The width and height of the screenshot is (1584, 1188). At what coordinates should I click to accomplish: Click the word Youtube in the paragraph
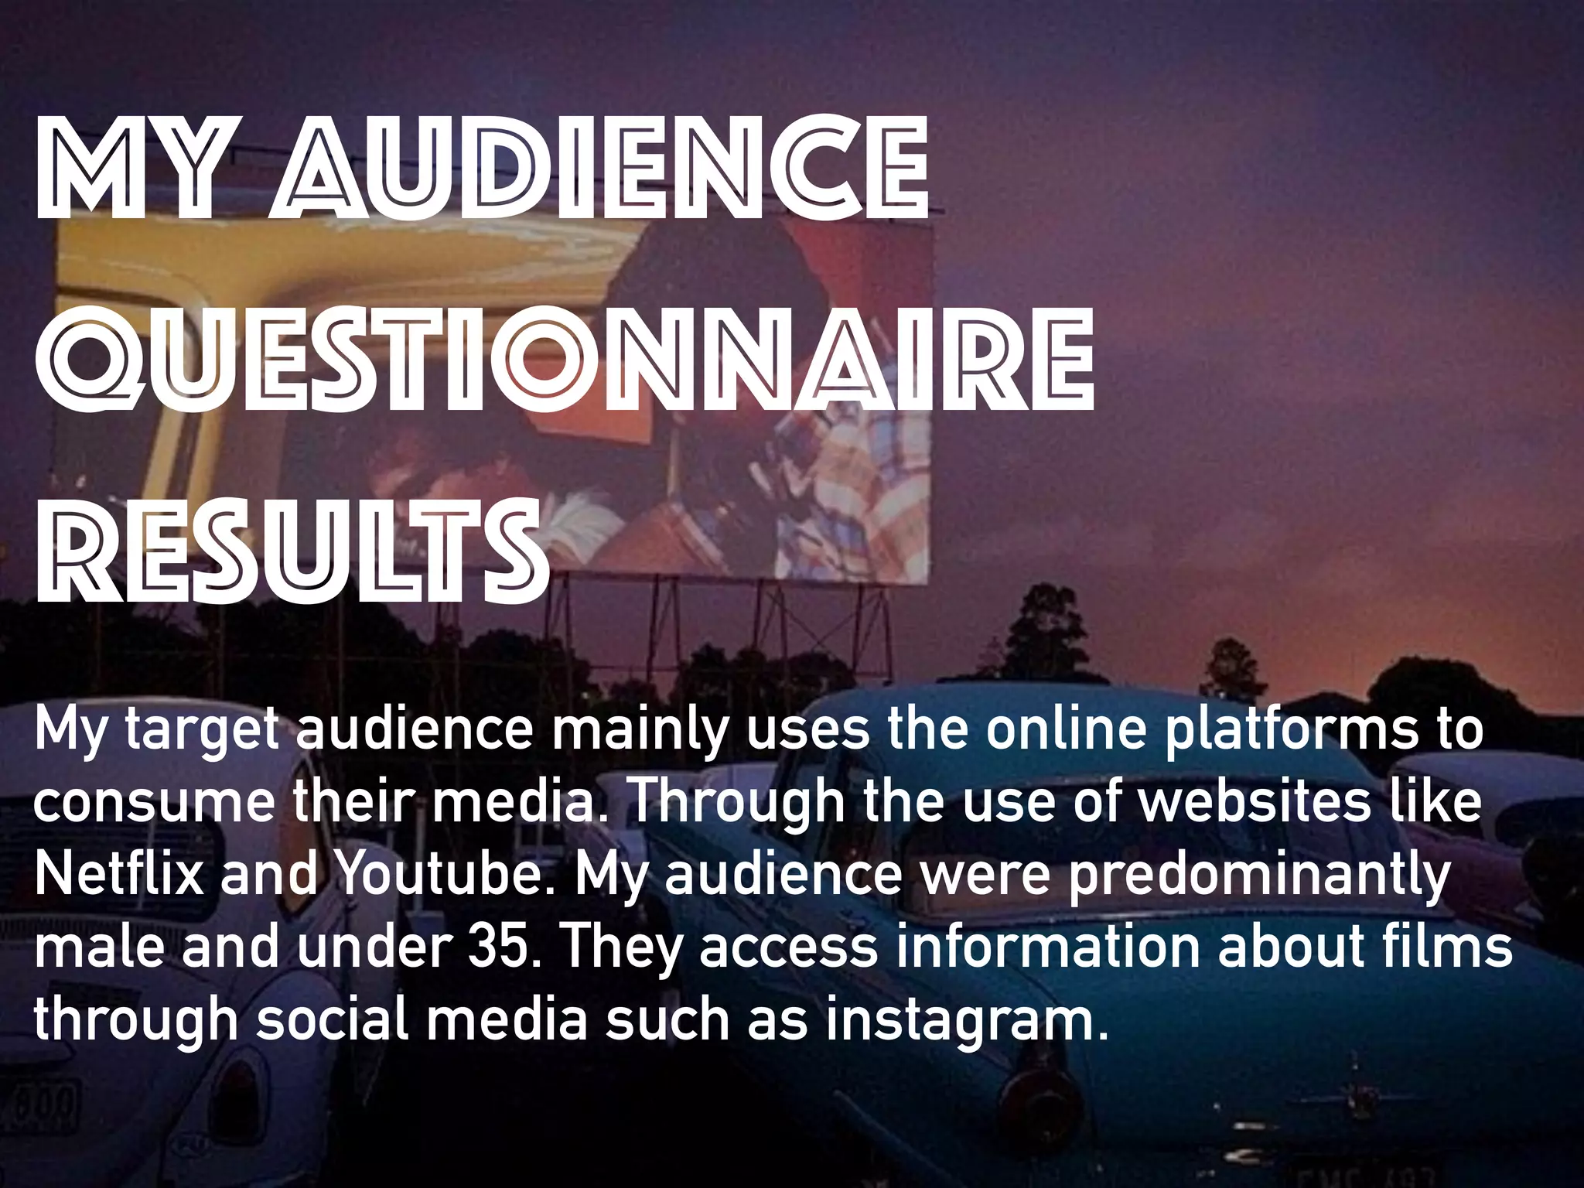click(445, 874)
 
